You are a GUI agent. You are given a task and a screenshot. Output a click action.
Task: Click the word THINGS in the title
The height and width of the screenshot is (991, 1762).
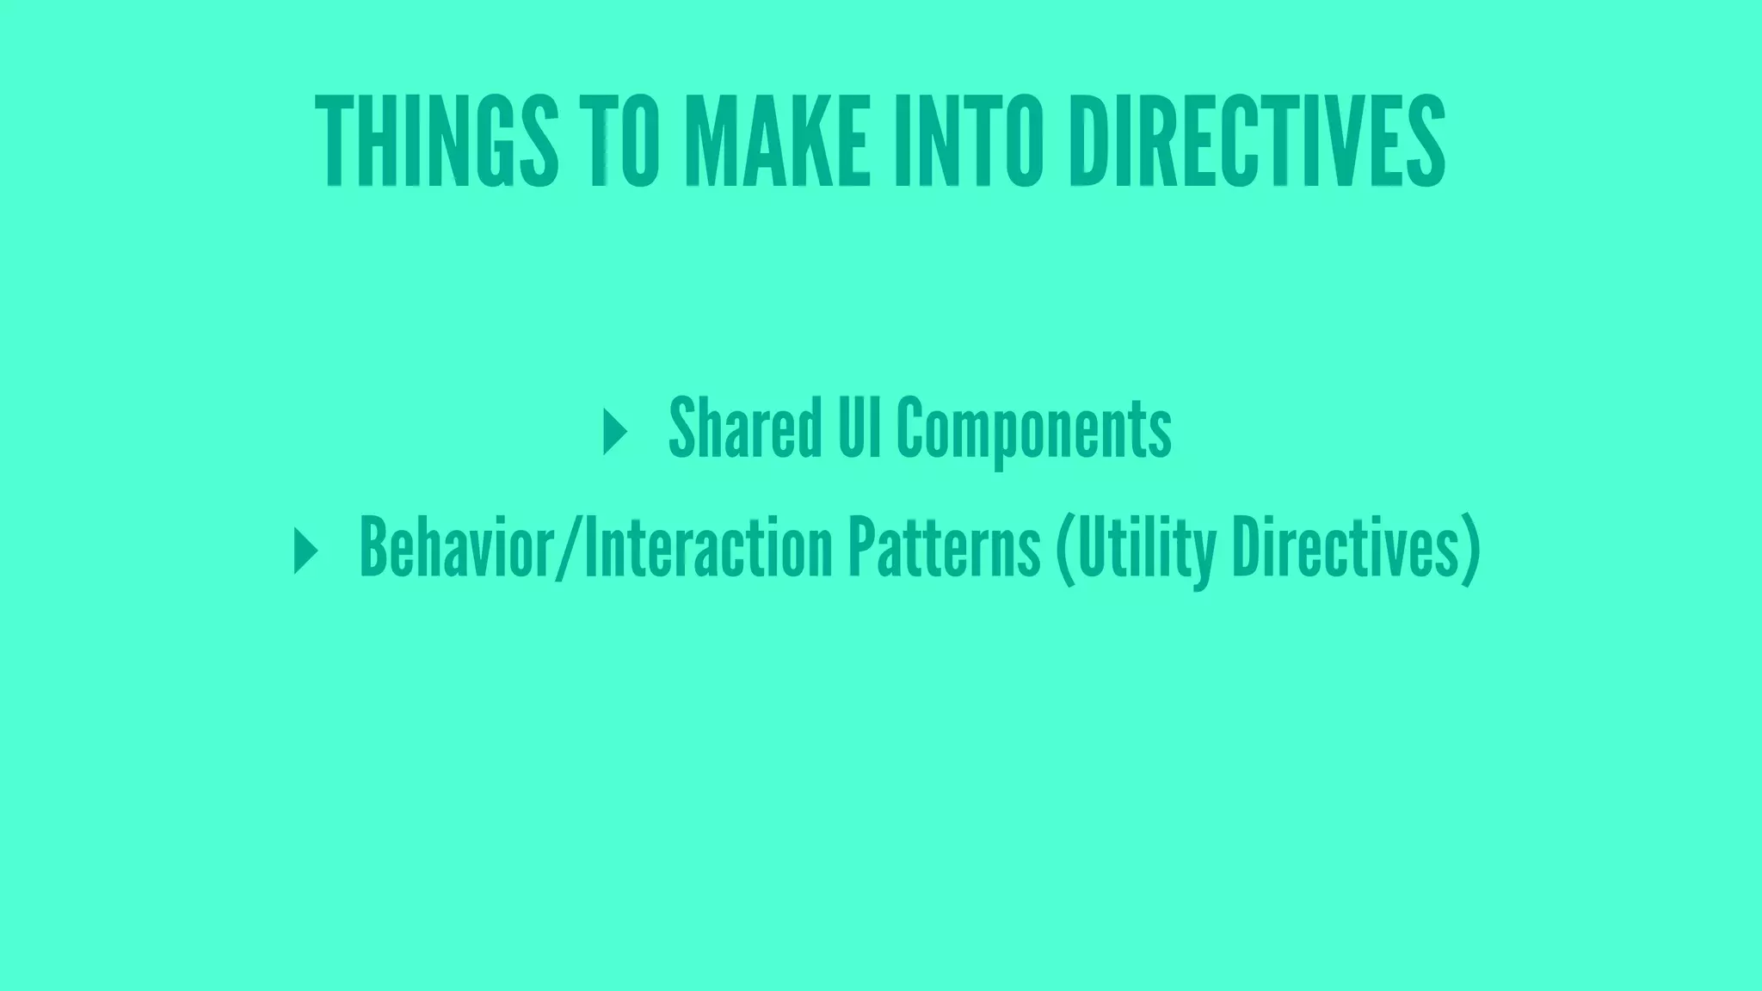436,140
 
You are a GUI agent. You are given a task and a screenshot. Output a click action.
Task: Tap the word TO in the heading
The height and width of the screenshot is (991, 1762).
625,140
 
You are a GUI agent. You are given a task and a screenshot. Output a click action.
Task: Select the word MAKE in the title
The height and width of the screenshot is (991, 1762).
777,140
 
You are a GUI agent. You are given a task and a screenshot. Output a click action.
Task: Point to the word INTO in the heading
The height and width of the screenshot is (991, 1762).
969,140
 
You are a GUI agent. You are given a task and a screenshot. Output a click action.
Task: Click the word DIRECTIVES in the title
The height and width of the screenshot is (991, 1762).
1257,140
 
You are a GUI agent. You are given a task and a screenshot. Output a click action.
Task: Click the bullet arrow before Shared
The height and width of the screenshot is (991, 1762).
614,432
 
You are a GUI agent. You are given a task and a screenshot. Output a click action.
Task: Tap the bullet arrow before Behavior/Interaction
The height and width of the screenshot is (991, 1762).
305,551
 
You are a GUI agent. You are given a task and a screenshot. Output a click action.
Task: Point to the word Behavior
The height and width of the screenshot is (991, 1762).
457,548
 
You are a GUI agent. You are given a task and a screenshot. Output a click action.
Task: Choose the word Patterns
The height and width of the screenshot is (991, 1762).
944,548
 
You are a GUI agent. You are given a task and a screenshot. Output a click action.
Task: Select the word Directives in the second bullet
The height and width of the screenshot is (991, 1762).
1343,548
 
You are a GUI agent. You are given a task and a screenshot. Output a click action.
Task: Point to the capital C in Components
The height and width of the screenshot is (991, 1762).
911,428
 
